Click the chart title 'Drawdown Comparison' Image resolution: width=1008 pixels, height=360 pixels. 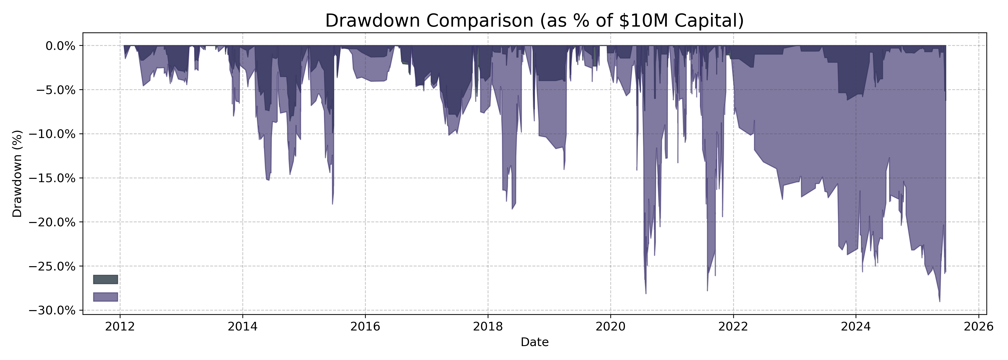[x=534, y=21]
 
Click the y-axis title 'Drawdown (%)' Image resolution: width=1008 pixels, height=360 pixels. [x=18, y=174]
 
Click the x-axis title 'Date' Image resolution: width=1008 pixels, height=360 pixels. [x=534, y=342]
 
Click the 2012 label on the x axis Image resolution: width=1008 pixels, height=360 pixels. [x=120, y=327]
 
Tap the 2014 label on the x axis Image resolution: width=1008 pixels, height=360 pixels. [x=243, y=327]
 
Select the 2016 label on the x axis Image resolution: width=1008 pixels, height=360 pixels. [x=365, y=327]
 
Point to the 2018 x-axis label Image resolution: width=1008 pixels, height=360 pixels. [x=488, y=327]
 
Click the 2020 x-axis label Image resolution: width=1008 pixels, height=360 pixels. [x=610, y=327]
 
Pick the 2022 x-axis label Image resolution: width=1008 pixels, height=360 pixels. [x=733, y=327]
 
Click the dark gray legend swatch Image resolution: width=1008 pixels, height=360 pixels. [x=105, y=279]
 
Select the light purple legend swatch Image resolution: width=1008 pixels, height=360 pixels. [x=105, y=297]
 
